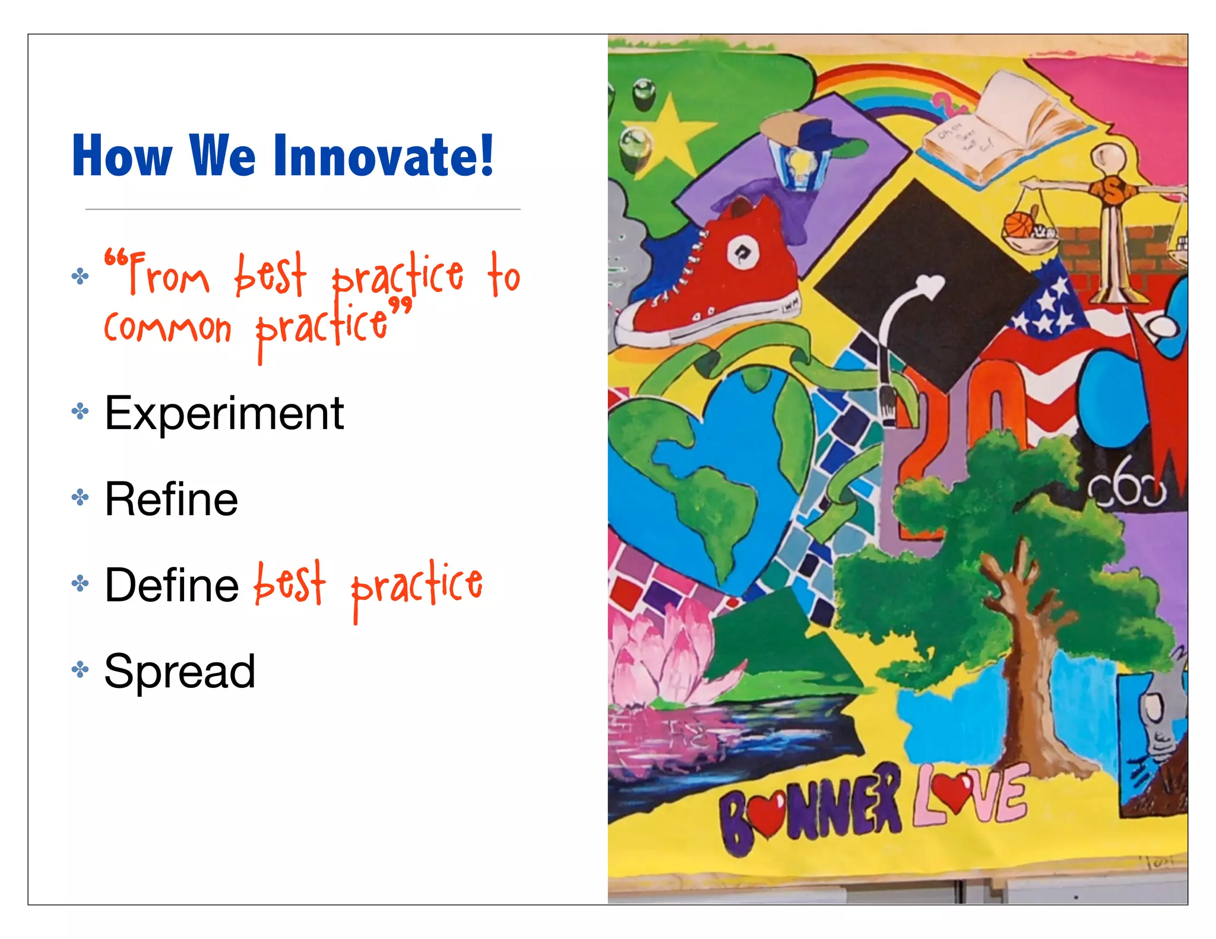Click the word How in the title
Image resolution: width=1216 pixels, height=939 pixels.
click(x=122, y=156)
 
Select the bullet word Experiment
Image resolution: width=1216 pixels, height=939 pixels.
click(x=224, y=414)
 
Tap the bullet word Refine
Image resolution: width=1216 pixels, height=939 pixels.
click(x=171, y=500)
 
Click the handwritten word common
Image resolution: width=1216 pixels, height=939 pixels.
click(x=167, y=328)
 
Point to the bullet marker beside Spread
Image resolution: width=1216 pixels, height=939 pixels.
click(x=80, y=670)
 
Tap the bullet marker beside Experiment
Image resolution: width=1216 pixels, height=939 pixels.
click(x=80, y=411)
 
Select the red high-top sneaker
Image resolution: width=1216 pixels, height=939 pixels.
click(x=712, y=279)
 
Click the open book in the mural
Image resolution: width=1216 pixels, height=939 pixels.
click(x=1003, y=128)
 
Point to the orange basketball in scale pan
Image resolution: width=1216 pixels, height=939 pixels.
click(x=1019, y=226)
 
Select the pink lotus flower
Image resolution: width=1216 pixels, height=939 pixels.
click(x=659, y=653)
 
